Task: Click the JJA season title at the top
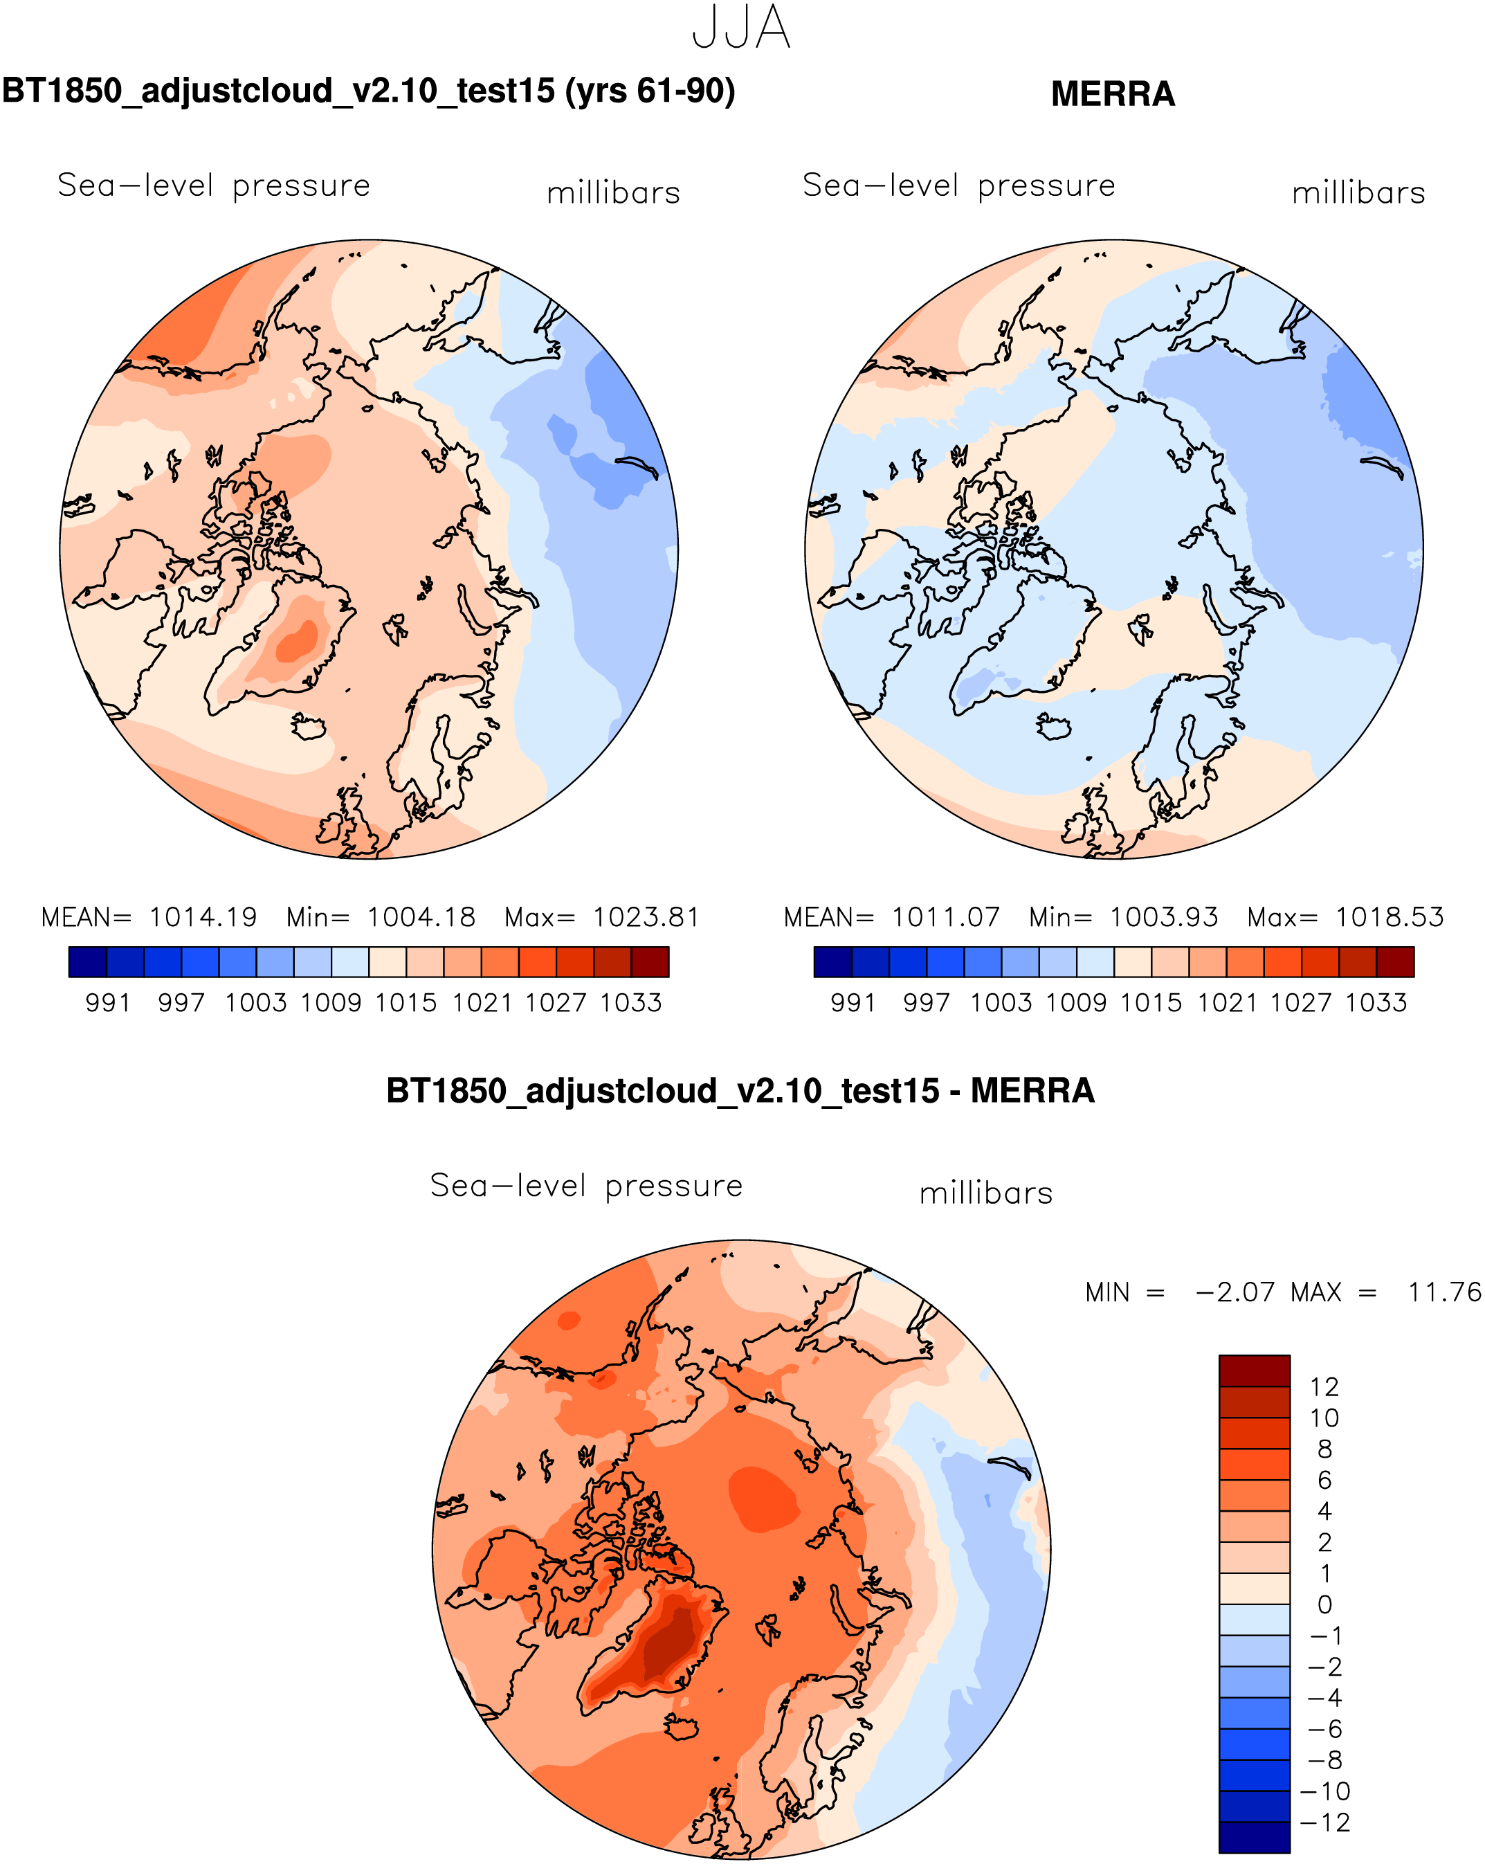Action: tap(741, 28)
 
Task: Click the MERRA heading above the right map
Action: tap(1113, 94)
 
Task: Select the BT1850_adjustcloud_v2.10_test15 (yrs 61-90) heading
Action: tap(368, 91)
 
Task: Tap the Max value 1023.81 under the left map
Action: tap(646, 917)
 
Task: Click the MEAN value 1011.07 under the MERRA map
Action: tap(946, 917)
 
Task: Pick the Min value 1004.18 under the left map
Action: tap(421, 917)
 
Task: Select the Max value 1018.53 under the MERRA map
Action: tap(1389, 917)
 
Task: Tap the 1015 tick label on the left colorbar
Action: tap(406, 1003)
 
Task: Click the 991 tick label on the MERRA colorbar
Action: tap(853, 1003)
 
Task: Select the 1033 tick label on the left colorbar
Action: tap(631, 1003)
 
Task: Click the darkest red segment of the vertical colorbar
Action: tap(1254, 1371)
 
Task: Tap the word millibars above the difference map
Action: tap(986, 1194)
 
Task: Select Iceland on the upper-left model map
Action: tap(309, 726)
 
